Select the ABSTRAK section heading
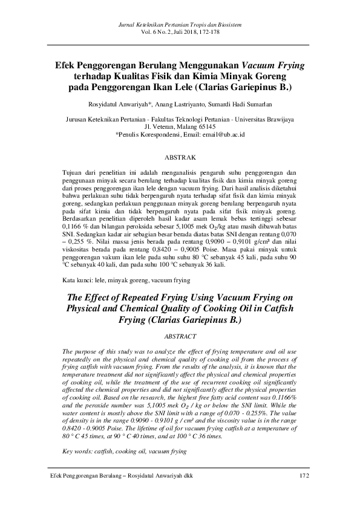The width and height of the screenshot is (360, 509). coord(180,158)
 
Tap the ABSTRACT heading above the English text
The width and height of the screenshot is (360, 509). coord(180,336)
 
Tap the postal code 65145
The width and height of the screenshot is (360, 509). coord(206,128)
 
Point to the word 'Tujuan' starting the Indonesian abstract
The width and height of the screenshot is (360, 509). coord(73,172)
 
